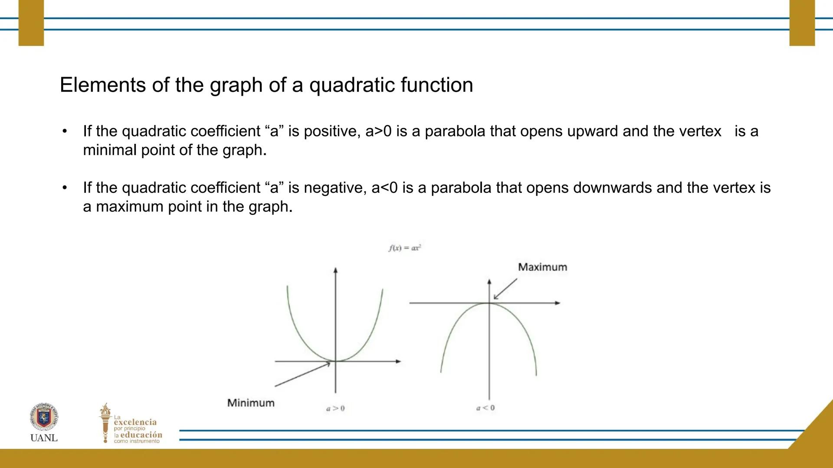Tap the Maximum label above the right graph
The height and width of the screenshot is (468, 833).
coord(543,267)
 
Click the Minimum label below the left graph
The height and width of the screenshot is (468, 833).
coord(251,403)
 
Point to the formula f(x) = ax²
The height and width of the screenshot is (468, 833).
coord(405,248)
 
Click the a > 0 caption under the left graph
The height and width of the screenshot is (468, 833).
coord(335,408)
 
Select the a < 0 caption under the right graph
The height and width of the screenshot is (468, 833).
coord(485,408)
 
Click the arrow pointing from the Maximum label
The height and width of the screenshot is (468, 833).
coord(505,289)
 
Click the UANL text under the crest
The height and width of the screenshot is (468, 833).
coord(44,438)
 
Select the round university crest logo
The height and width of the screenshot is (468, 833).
coord(44,417)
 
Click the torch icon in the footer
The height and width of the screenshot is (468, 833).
coord(105,422)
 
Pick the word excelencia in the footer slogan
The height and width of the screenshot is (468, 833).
coord(135,422)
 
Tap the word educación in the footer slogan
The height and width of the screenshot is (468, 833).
coord(141,435)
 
